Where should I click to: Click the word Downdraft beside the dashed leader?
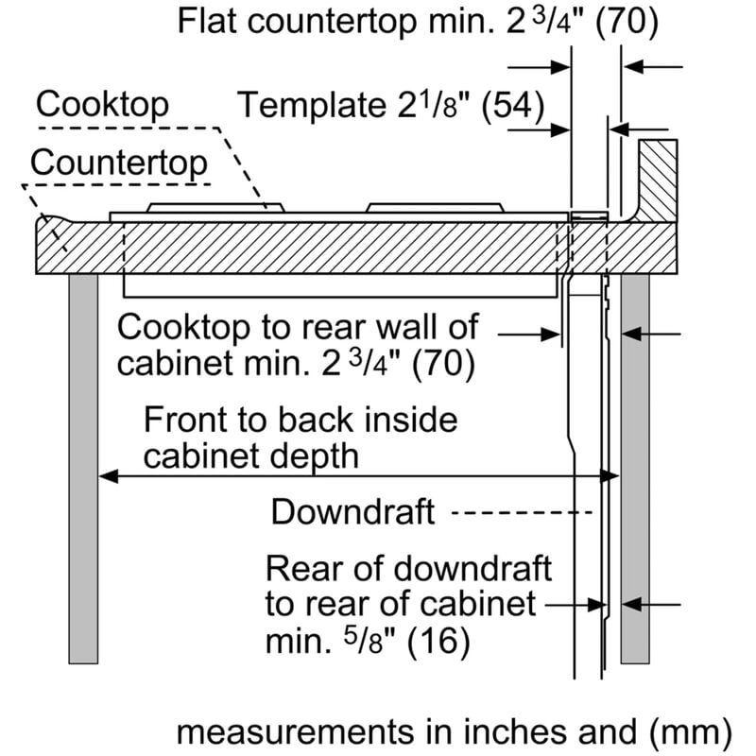[352, 512]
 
